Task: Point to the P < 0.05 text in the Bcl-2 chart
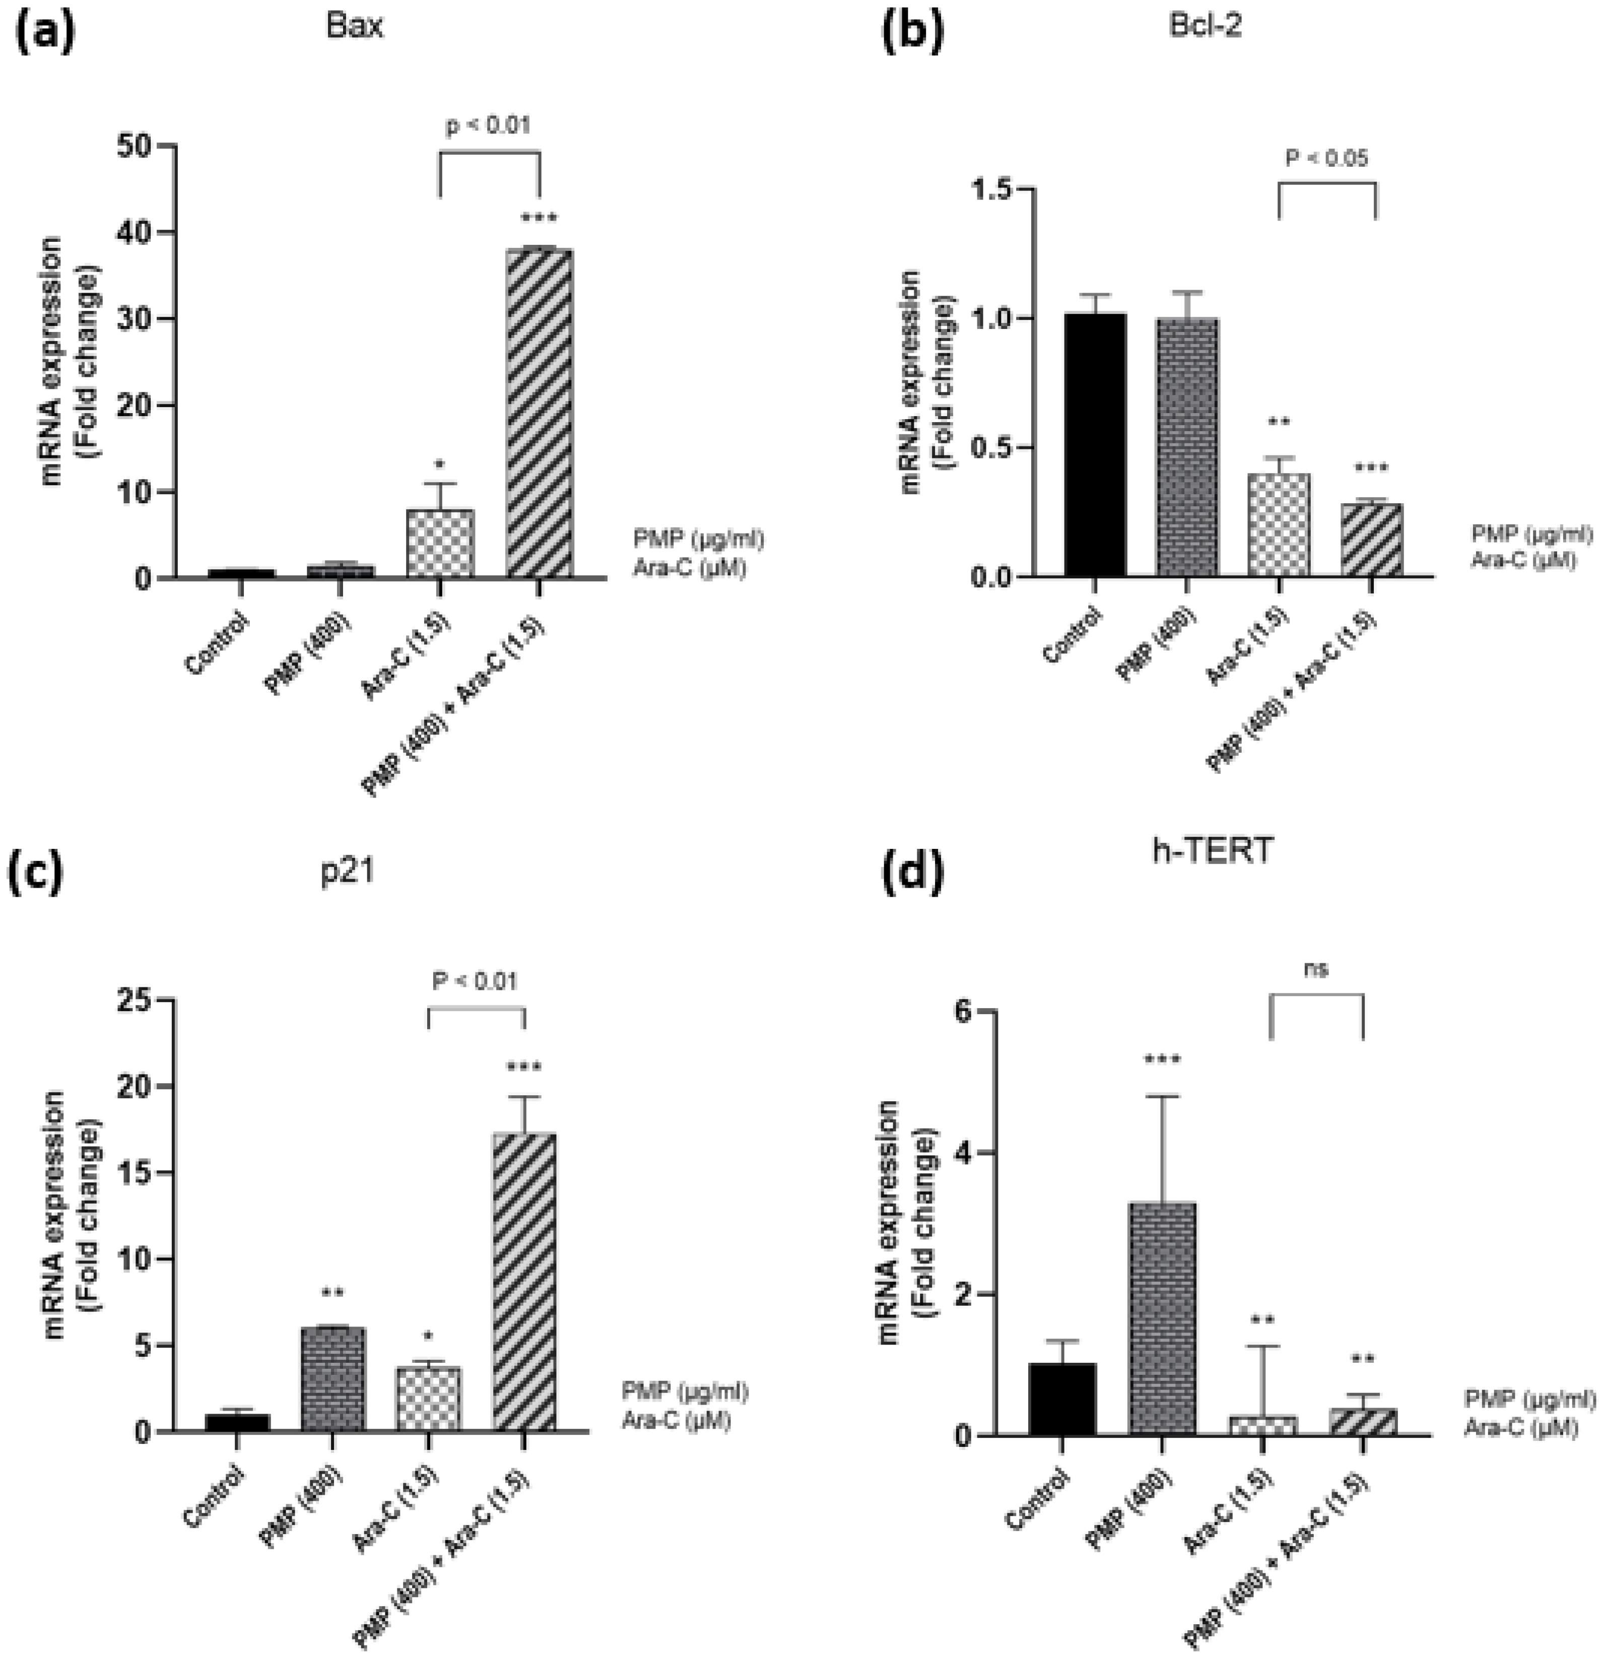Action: click(x=1326, y=158)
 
